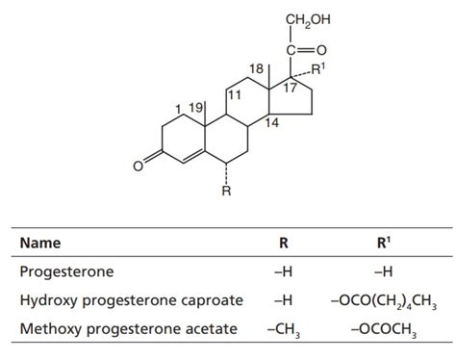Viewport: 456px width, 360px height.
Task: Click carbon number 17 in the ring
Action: coord(290,88)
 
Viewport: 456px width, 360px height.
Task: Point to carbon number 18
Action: coord(257,71)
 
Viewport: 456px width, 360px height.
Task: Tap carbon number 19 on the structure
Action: coord(197,106)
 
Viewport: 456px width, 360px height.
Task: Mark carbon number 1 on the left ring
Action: coord(178,106)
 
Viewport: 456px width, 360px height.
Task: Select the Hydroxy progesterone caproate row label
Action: coord(130,301)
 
